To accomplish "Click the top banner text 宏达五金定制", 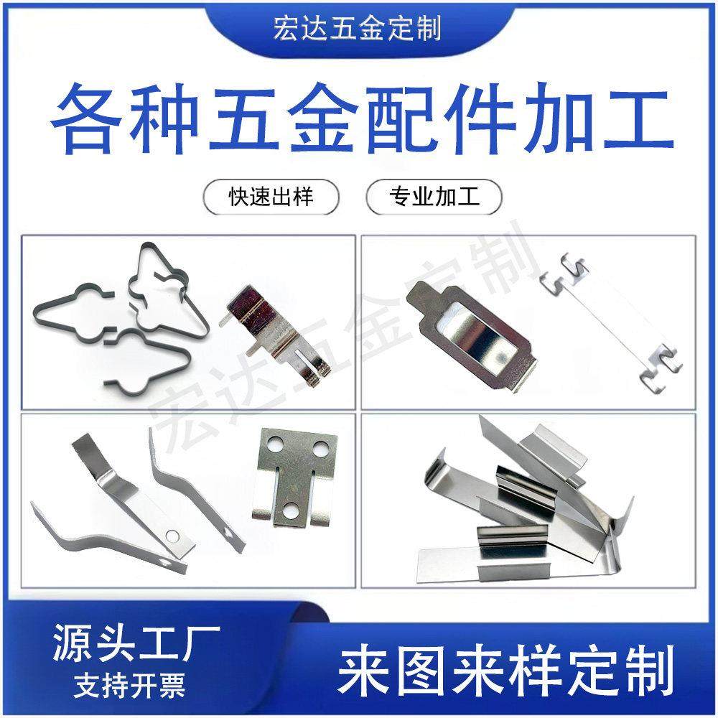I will (x=357, y=29).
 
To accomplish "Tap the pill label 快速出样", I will (x=271, y=197).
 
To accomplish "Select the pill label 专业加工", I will (x=434, y=197).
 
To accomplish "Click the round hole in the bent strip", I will (x=172, y=535).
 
